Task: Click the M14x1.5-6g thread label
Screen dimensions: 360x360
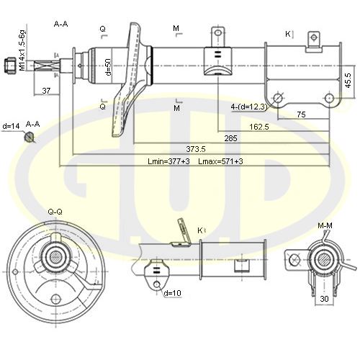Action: pos(22,50)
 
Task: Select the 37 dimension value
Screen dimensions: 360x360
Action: pos(46,91)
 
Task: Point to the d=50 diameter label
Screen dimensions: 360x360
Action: pos(109,67)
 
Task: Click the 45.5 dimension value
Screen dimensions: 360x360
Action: pos(348,81)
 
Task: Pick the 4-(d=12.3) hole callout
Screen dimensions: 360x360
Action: pos(249,107)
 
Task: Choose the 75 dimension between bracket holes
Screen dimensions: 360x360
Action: pos(301,114)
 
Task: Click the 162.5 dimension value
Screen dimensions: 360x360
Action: pos(259,127)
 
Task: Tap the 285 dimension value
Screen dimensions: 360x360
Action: pos(230,138)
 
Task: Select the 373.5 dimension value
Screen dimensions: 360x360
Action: pos(196,149)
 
